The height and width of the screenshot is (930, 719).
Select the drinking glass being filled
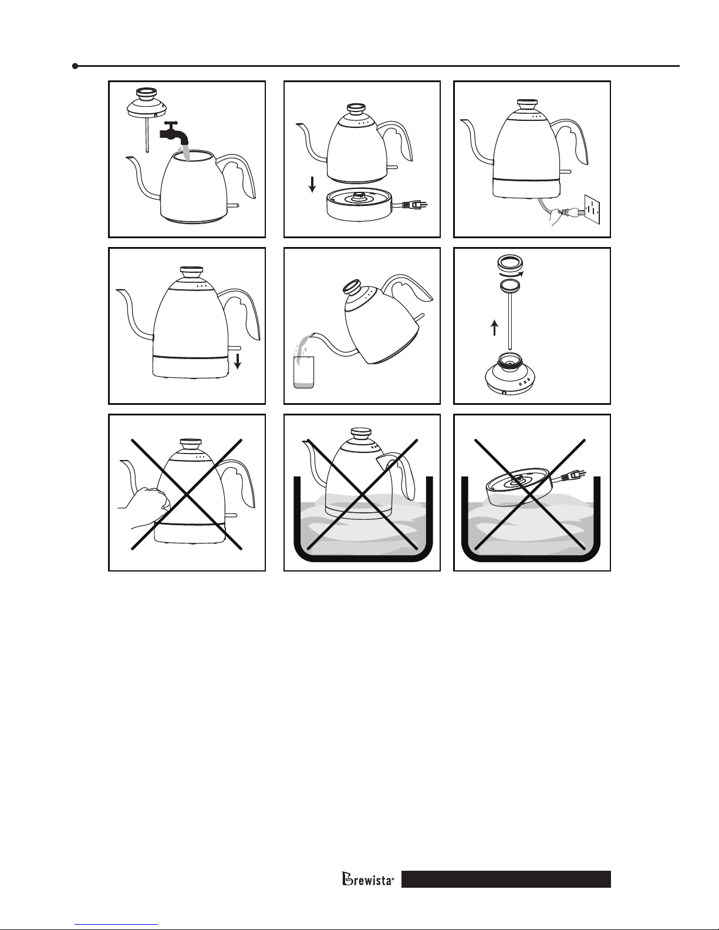click(x=304, y=372)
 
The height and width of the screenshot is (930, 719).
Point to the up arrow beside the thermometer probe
click(x=495, y=327)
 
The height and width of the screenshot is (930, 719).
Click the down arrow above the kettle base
click(x=312, y=184)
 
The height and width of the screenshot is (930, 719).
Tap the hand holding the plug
click(x=556, y=216)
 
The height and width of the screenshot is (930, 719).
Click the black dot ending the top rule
click(x=75, y=66)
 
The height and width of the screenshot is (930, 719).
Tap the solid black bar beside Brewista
click(x=506, y=879)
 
